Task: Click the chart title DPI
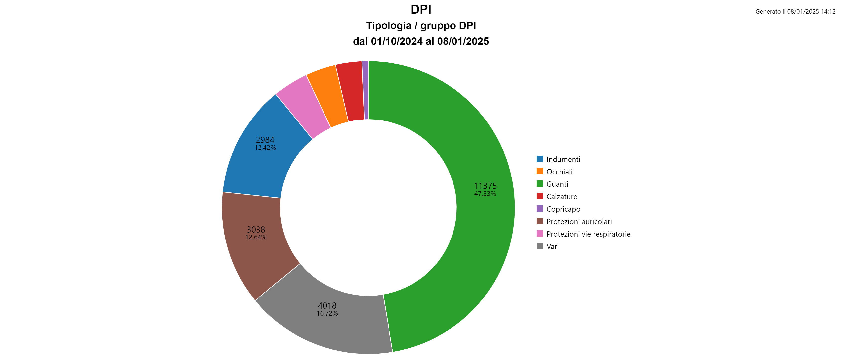pyautogui.click(x=421, y=10)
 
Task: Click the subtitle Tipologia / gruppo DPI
pyautogui.click(x=421, y=25)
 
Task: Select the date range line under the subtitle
pyautogui.click(x=421, y=41)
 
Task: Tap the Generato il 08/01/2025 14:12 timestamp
pyautogui.click(x=795, y=11)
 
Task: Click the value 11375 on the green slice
pyautogui.click(x=485, y=186)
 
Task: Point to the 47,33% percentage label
pyautogui.click(x=485, y=194)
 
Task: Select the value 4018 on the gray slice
pyautogui.click(x=327, y=305)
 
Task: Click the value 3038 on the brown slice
pyautogui.click(x=256, y=229)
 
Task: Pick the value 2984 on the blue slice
pyautogui.click(x=265, y=140)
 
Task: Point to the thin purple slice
pyautogui.click(x=365, y=90)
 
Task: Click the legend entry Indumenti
pyautogui.click(x=563, y=159)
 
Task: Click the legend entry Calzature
pyautogui.click(x=561, y=196)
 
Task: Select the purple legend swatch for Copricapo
pyautogui.click(x=540, y=209)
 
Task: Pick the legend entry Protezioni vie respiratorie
pyautogui.click(x=588, y=234)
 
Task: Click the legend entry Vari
pyautogui.click(x=552, y=246)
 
